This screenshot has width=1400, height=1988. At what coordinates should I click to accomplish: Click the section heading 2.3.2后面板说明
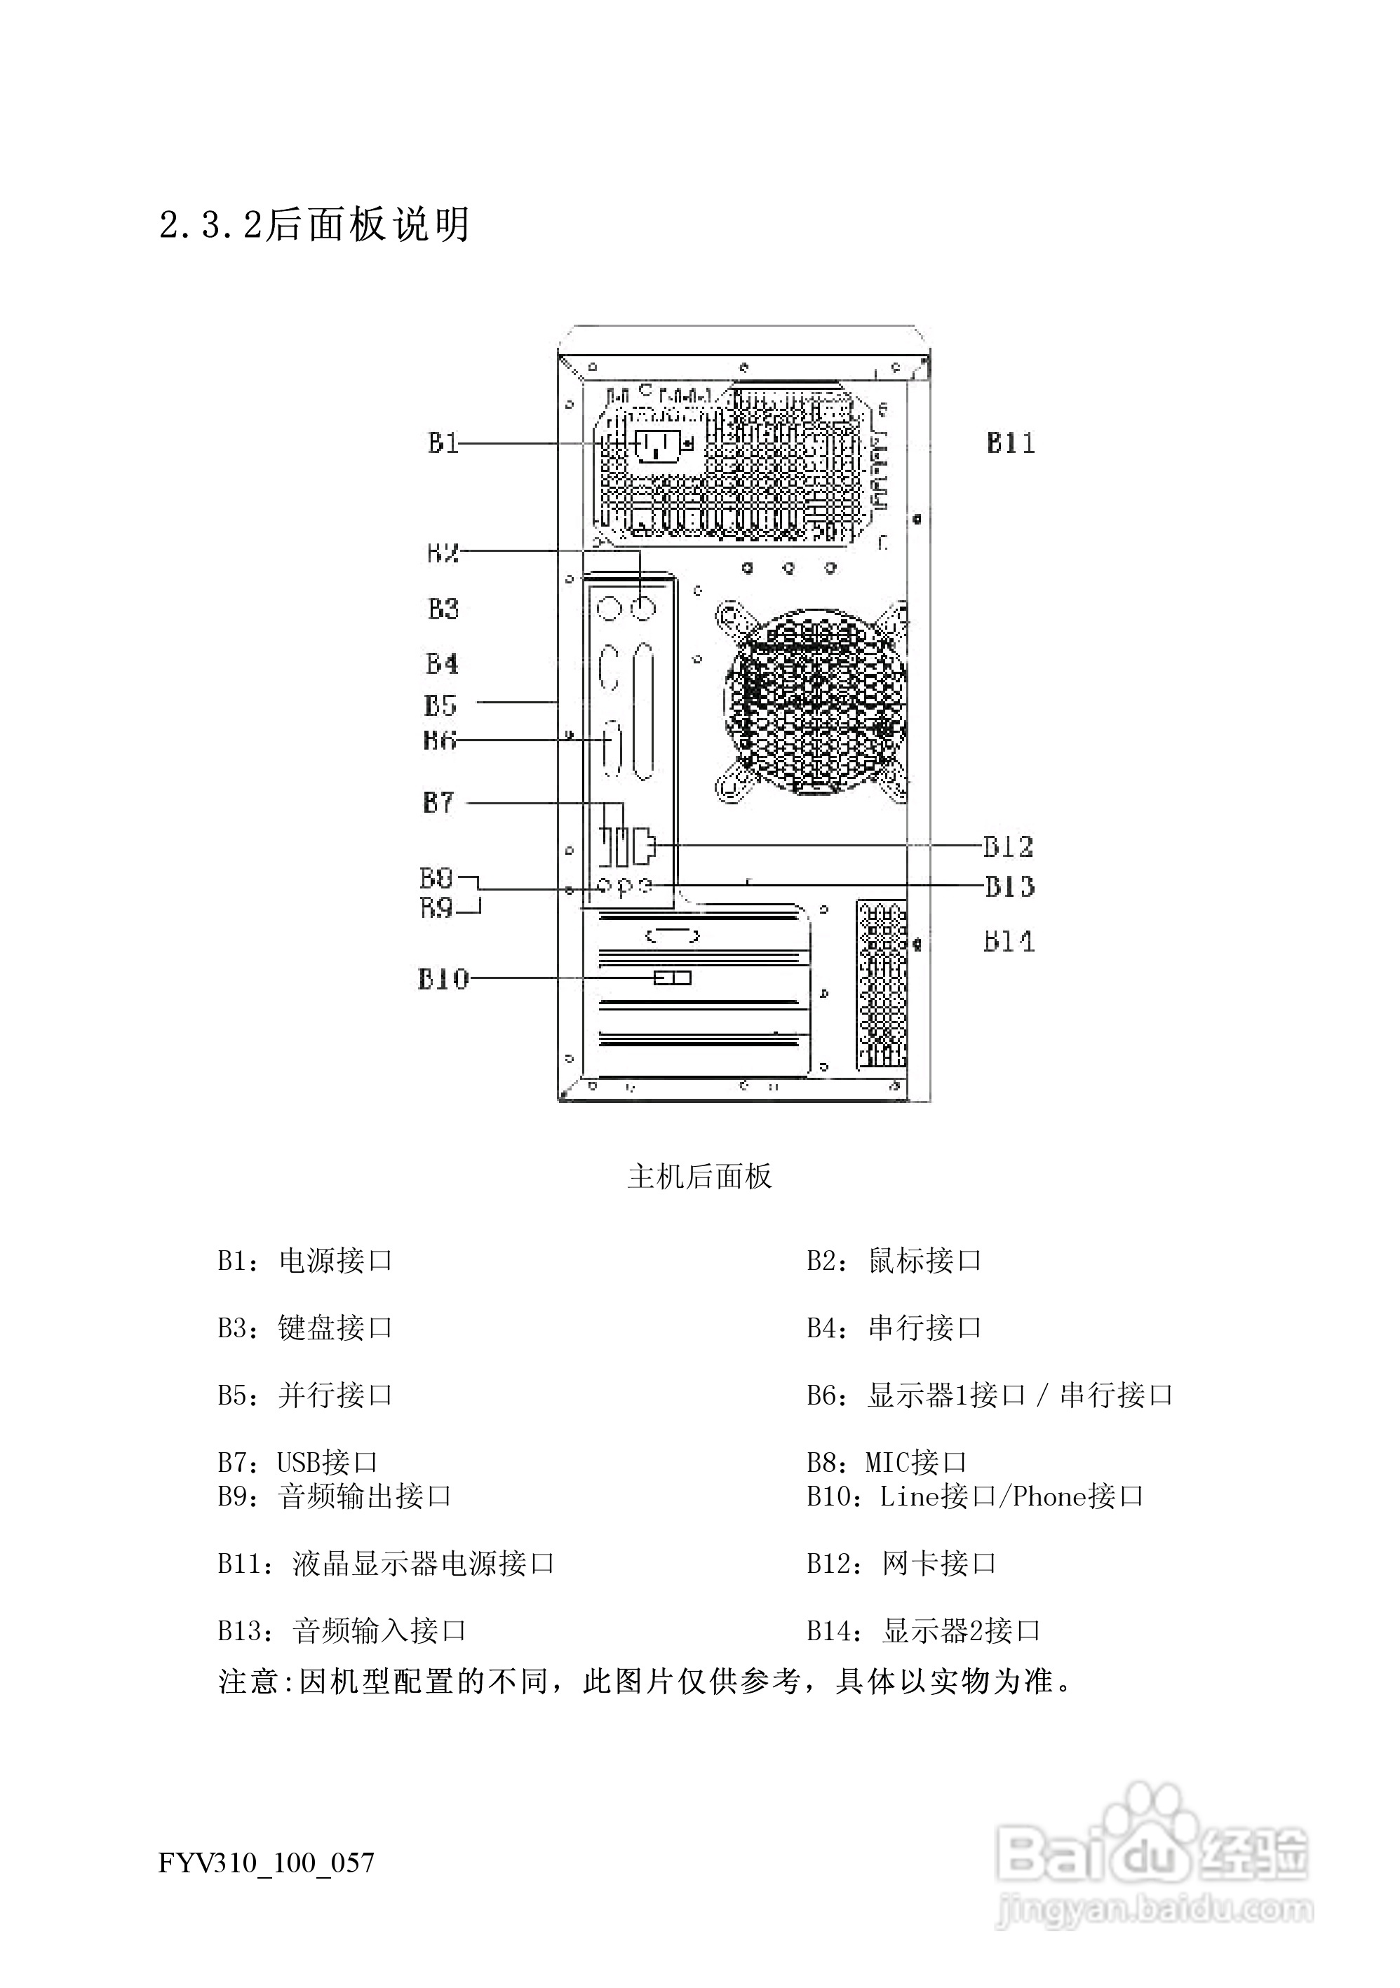pos(314,225)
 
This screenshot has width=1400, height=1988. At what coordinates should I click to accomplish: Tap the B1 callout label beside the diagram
pos(443,443)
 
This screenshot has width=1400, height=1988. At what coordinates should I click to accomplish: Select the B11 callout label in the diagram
pos(1011,443)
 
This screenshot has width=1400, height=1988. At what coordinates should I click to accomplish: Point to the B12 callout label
pos(1008,846)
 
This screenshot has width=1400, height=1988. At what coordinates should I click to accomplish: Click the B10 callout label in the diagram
pos(443,978)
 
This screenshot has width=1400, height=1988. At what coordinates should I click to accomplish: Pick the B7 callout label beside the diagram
pos(438,803)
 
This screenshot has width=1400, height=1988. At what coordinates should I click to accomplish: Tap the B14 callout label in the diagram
pos(1009,941)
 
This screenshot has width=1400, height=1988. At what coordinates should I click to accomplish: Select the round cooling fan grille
pos(814,701)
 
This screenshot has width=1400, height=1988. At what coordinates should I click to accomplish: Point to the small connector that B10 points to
pos(672,978)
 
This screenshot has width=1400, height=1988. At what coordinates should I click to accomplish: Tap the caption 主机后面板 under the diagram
pos(699,1177)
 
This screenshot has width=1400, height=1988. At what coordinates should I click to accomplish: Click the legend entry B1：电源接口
pos(305,1261)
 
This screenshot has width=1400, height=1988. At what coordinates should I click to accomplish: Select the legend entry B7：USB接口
pos(297,1461)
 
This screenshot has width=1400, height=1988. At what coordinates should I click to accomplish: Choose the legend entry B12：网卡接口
pos(901,1563)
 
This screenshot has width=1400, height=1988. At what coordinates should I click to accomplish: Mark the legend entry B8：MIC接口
pos(886,1461)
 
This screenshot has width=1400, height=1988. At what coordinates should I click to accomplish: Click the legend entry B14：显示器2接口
pos(923,1630)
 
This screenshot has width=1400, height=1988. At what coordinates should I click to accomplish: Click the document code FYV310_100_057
pos(267,1862)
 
